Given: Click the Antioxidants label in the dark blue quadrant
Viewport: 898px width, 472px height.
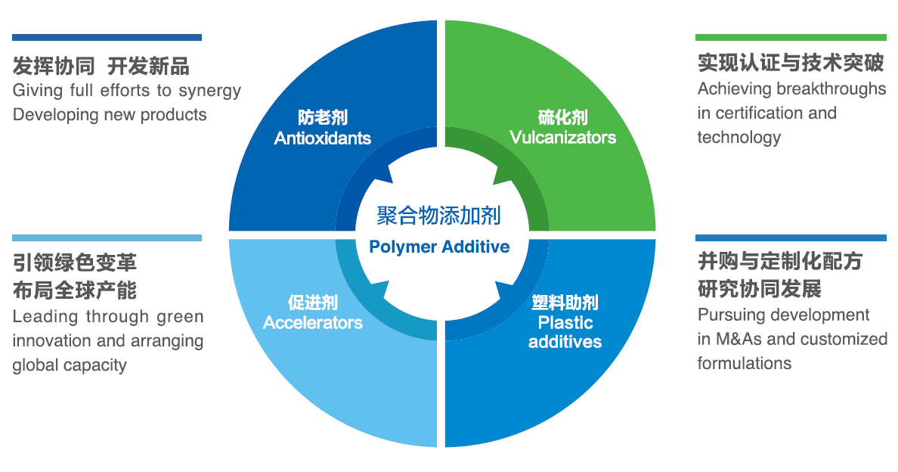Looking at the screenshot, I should click(323, 138).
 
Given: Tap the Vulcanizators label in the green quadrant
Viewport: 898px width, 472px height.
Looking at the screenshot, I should click(562, 138).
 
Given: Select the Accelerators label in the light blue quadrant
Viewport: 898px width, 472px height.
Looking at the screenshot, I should click(313, 323).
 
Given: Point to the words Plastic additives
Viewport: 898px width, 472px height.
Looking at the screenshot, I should click(565, 332).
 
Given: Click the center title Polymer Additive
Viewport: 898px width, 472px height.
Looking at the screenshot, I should click(439, 247).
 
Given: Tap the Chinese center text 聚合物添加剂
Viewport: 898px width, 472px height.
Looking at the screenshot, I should click(438, 216).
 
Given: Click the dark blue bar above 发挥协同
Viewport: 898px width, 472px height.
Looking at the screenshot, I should click(107, 37).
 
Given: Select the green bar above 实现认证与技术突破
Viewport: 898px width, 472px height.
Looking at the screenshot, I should click(790, 37).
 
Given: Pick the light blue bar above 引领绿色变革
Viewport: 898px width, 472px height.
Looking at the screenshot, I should click(107, 238).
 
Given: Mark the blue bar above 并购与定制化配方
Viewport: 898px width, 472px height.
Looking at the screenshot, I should click(790, 238).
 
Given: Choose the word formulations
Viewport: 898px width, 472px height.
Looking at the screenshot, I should click(744, 363).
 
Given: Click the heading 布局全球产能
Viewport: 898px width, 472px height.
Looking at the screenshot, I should click(74, 290).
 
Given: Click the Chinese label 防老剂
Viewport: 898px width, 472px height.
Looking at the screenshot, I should click(323, 119).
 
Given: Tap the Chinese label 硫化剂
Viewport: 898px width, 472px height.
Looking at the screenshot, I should click(562, 118).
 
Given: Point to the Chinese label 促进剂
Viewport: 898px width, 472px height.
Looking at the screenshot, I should click(312, 303).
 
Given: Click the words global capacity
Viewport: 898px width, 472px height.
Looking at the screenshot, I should click(70, 365).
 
